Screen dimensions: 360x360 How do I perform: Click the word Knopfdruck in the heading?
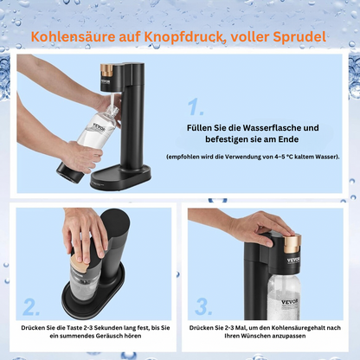[183, 37]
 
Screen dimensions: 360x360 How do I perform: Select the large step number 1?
[196, 106]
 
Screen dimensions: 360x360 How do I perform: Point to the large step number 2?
[31, 306]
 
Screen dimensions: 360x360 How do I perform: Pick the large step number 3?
[203, 306]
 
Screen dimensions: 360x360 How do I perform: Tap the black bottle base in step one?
[70, 172]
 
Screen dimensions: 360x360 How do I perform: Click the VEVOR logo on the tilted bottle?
[100, 127]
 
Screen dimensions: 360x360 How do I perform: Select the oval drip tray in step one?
[120, 177]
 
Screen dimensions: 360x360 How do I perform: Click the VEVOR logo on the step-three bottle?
[289, 302]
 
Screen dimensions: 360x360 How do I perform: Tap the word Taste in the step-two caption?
[74, 328]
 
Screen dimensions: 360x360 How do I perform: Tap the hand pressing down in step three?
[260, 228]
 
